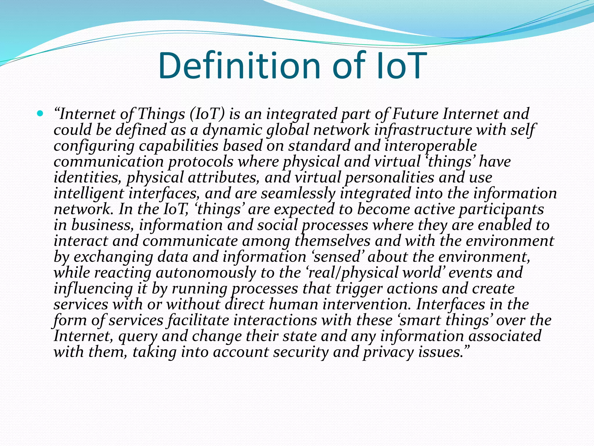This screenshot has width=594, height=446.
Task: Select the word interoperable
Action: coord(430,146)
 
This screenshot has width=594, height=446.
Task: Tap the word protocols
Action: coord(201,162)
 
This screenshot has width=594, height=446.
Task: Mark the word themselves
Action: coord(332,241)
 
